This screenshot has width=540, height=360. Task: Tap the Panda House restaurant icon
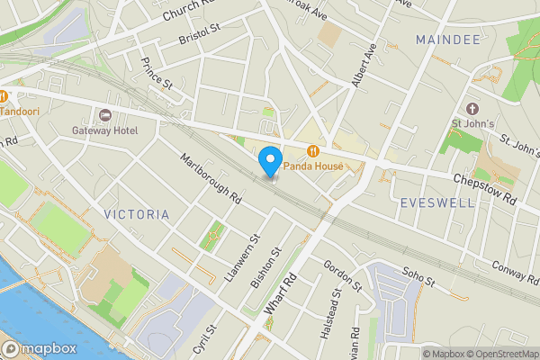313,151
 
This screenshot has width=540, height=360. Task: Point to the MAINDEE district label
446,40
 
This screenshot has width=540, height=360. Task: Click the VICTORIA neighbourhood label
136,214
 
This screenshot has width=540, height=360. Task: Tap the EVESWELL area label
429,202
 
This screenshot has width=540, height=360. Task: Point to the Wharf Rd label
281,294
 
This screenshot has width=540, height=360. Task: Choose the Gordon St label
343,274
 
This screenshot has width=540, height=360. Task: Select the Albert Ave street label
363,65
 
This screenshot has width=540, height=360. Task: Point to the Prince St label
157,74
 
